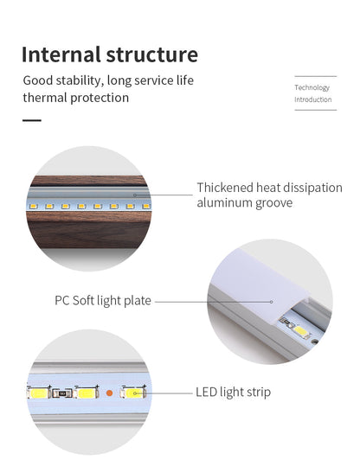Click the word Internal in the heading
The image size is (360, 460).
point(61,54)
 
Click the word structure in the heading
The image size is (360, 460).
point(152,54)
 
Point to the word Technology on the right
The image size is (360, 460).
point(312,87)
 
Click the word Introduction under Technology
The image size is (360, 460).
point(313,99)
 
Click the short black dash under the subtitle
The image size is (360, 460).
point(32,120)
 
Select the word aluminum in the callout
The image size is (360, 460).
point(224,202)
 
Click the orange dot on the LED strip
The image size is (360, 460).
point(109,393)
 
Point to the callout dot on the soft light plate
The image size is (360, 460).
point(272,302)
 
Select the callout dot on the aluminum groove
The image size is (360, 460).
point(135,195)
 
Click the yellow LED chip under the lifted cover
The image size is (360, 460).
point(301,331)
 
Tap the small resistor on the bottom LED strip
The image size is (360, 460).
point(62,393)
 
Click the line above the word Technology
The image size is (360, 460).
point(316,76)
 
